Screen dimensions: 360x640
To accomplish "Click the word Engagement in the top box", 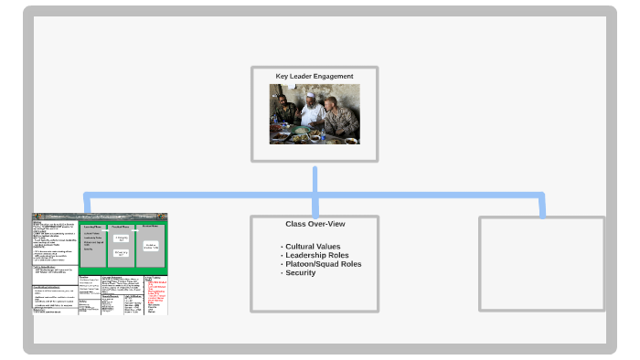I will tap(334, 76).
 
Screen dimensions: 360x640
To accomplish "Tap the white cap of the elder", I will tap(310, 94).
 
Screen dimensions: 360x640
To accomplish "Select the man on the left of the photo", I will tap(284, 111).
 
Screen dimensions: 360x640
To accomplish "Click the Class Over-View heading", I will tap(315, 224).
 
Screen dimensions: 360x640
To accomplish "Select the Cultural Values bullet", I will tap(312, 247).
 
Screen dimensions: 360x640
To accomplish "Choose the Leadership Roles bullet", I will tap(316, 256).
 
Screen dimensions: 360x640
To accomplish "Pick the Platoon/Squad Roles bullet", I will tap(322, 264).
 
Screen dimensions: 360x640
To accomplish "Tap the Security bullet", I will tap(300, 273).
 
